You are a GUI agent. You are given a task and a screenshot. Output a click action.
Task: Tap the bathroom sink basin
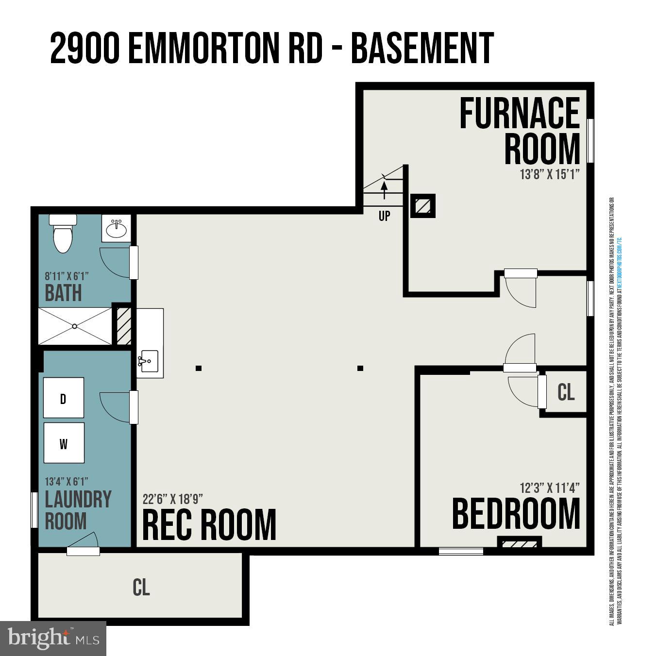(116, 229)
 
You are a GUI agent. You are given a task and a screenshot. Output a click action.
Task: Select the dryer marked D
(63, 398)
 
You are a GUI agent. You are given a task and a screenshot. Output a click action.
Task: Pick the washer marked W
(64, 443)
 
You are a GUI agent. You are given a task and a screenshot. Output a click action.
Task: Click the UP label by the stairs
(384, 216)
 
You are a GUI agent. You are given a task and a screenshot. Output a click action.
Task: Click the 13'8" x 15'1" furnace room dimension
(550, 174)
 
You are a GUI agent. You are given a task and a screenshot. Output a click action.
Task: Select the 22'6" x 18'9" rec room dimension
(172, 499)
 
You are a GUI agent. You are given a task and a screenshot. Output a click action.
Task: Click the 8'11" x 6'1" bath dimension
(67, 276)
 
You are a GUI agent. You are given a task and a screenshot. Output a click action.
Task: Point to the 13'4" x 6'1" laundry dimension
(67, 482)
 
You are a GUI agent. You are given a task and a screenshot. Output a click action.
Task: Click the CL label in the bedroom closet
(566, 392)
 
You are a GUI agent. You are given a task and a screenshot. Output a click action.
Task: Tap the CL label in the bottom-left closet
(141, 587)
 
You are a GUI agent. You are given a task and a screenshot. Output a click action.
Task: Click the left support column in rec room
(199, 368)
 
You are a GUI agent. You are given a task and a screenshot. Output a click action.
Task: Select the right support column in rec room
(360, 368)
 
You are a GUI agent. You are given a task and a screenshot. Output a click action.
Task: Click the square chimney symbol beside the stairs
(423, 206)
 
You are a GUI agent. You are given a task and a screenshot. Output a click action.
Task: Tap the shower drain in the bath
(74, 326)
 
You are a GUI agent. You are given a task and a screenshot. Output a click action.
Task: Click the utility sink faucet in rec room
(143, 361)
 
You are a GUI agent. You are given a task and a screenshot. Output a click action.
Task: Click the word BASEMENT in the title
(422, 48)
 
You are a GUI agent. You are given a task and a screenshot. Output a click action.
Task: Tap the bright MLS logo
(53, 638)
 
